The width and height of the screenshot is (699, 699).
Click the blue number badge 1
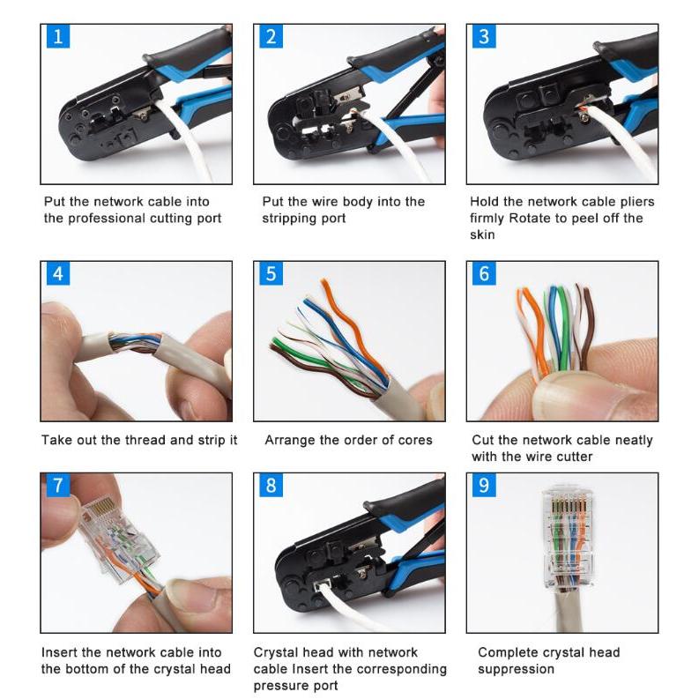pos(58,36)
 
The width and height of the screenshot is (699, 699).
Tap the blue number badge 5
pos(271,273)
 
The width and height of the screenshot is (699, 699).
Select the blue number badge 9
pos(484,485)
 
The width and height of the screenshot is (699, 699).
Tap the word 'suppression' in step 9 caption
pos(516,670)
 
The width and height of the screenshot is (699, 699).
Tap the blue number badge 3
pos(484,36)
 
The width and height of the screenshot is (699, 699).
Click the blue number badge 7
pos(58,485)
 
